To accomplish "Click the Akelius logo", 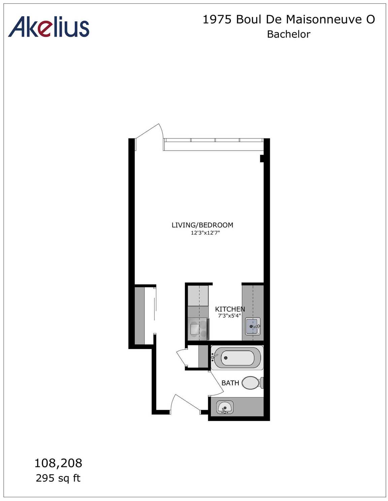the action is (x=49, y=27).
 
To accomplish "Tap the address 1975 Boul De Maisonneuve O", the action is (x=289, y=20).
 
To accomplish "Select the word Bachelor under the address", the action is (x=289, y=34).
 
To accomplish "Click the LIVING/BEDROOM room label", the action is (x=202, y=225).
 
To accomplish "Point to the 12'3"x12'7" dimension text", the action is (x=205, y=233).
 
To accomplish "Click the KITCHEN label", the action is (x=230, y=309).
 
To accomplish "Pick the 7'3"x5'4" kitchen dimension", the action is (x=230, y=316).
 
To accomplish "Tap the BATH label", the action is (x=230, y=383).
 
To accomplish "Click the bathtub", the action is (x=237, y=358).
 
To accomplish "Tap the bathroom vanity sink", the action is (x=225, y=408).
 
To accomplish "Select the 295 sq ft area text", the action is (x=58, y=478).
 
